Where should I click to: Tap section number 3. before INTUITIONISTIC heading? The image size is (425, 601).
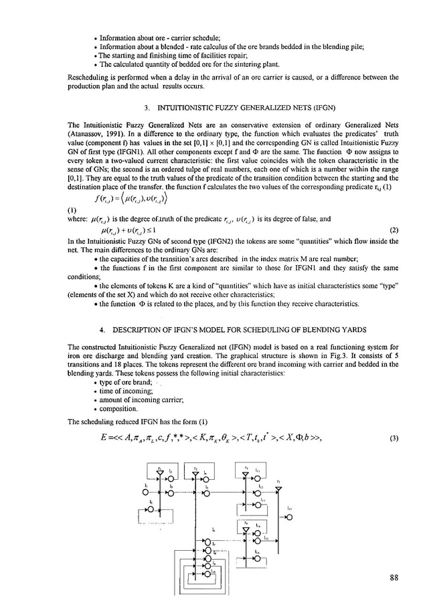click(x=147, y=107)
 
